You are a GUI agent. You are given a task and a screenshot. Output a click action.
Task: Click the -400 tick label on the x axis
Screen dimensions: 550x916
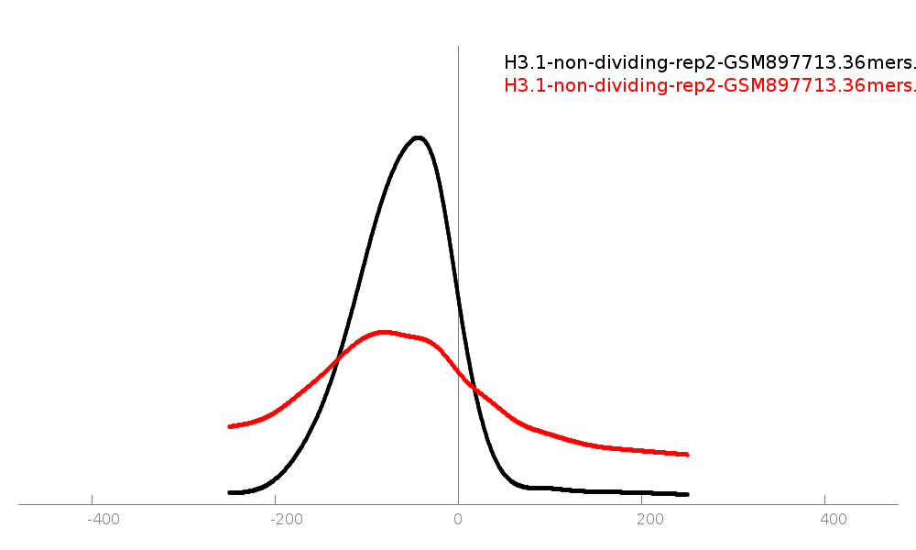[x=104, y=520]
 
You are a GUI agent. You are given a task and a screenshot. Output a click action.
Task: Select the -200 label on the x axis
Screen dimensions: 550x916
[x=287, y=520]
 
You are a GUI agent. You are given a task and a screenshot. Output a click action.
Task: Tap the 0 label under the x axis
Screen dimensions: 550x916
[x=458, y=520]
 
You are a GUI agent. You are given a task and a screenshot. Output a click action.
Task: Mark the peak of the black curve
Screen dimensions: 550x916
[x=419, y=137]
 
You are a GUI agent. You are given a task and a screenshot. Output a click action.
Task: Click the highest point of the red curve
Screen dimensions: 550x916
[x=383, y=331]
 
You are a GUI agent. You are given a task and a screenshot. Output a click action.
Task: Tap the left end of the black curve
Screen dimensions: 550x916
[x=229, y=492]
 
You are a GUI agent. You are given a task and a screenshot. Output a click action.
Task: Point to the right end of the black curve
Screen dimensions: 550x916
[x=687, y=494]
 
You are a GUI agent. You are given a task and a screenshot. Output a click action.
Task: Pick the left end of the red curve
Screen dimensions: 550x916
[x=229, y=426]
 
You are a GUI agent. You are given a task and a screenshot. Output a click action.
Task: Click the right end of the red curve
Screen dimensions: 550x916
[x=687, y=454]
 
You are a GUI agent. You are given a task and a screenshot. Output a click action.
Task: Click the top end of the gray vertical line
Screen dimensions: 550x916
[x=458, y=47]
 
